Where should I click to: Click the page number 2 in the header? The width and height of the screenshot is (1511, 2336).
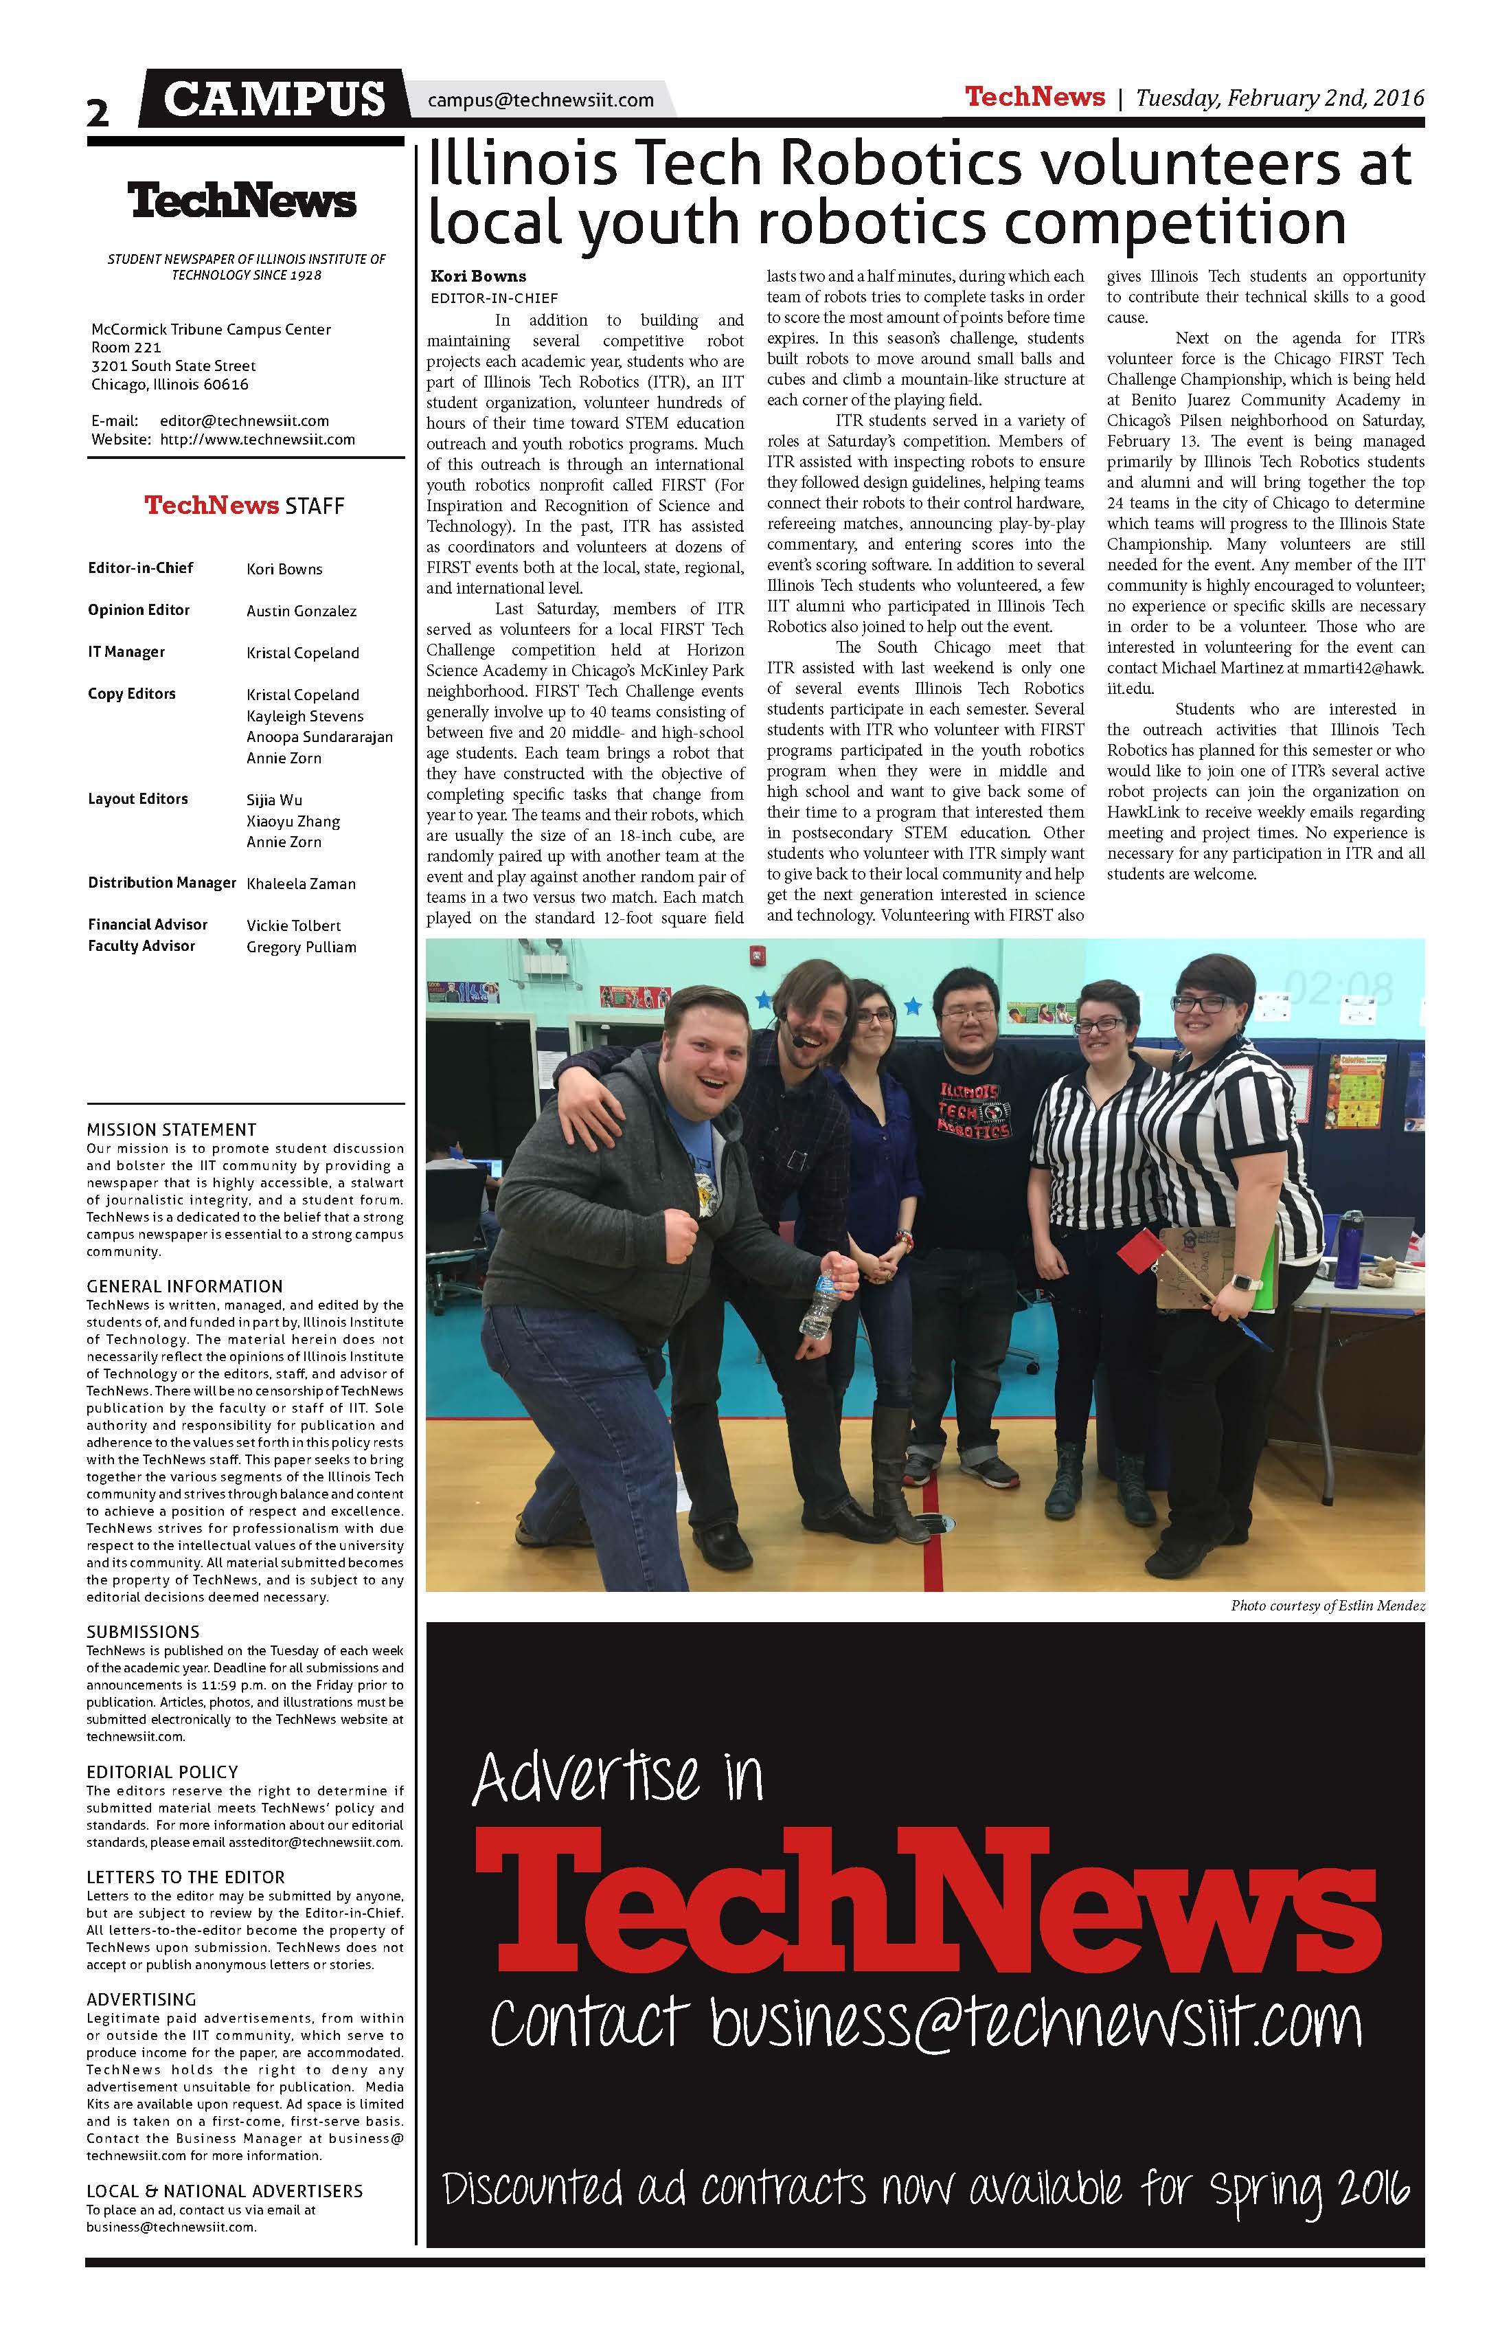click(98, 112)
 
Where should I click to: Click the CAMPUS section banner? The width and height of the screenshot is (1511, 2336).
click(274, 99)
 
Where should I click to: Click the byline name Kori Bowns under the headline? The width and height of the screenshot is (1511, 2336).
click(478, 276)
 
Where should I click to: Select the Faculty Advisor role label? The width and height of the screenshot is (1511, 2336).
click(141, 946)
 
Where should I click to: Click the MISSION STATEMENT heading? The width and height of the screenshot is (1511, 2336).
click(171, 1130)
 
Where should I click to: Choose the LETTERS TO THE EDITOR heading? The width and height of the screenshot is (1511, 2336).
click(185, 1876)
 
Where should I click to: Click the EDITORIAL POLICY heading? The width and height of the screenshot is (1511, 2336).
click(162, 1772)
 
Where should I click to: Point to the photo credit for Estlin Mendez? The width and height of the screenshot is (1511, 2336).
click(1326, 1606)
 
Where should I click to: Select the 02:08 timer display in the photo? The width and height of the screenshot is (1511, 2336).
click(1337, 987)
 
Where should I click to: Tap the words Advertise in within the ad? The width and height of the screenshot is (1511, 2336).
click(617, 1777)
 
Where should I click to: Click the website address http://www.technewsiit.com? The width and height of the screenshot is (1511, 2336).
click(257, 440)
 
